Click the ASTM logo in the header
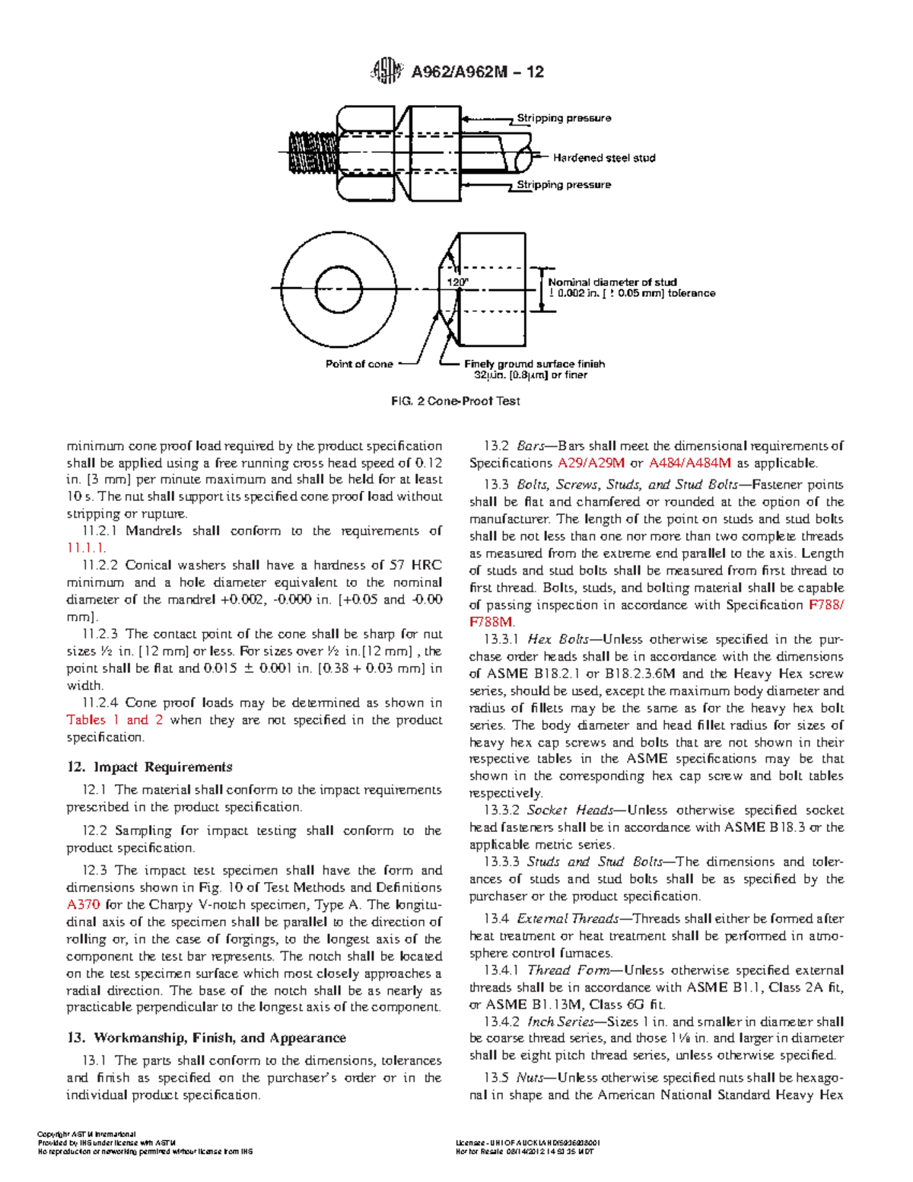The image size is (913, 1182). [386, 72]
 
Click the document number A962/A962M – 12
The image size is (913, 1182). [477, 72]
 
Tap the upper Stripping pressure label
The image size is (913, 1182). [564, 118]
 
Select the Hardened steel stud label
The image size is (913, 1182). [603, 158]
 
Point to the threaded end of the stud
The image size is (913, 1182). [312, 151]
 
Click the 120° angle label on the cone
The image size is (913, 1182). [457, 282]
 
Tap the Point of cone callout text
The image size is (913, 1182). [359, 364]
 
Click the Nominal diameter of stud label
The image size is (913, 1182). [612, 282]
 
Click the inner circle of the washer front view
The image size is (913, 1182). [339, 289]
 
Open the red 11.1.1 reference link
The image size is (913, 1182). [86, 548]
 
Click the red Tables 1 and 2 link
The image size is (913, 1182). [114, 720]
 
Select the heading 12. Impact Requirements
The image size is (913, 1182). [149, 767]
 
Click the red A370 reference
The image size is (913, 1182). [83, 905]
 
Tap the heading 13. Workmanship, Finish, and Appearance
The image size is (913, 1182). [206, 1038]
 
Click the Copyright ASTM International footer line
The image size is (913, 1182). [87, 1135]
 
